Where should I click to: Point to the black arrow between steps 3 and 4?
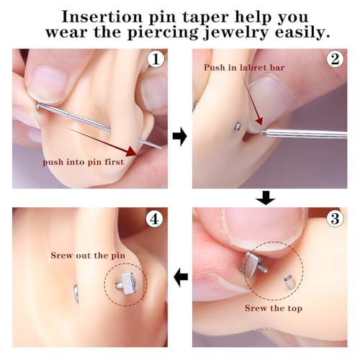pos(181,276)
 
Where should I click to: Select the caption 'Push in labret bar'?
pos(238,67)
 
